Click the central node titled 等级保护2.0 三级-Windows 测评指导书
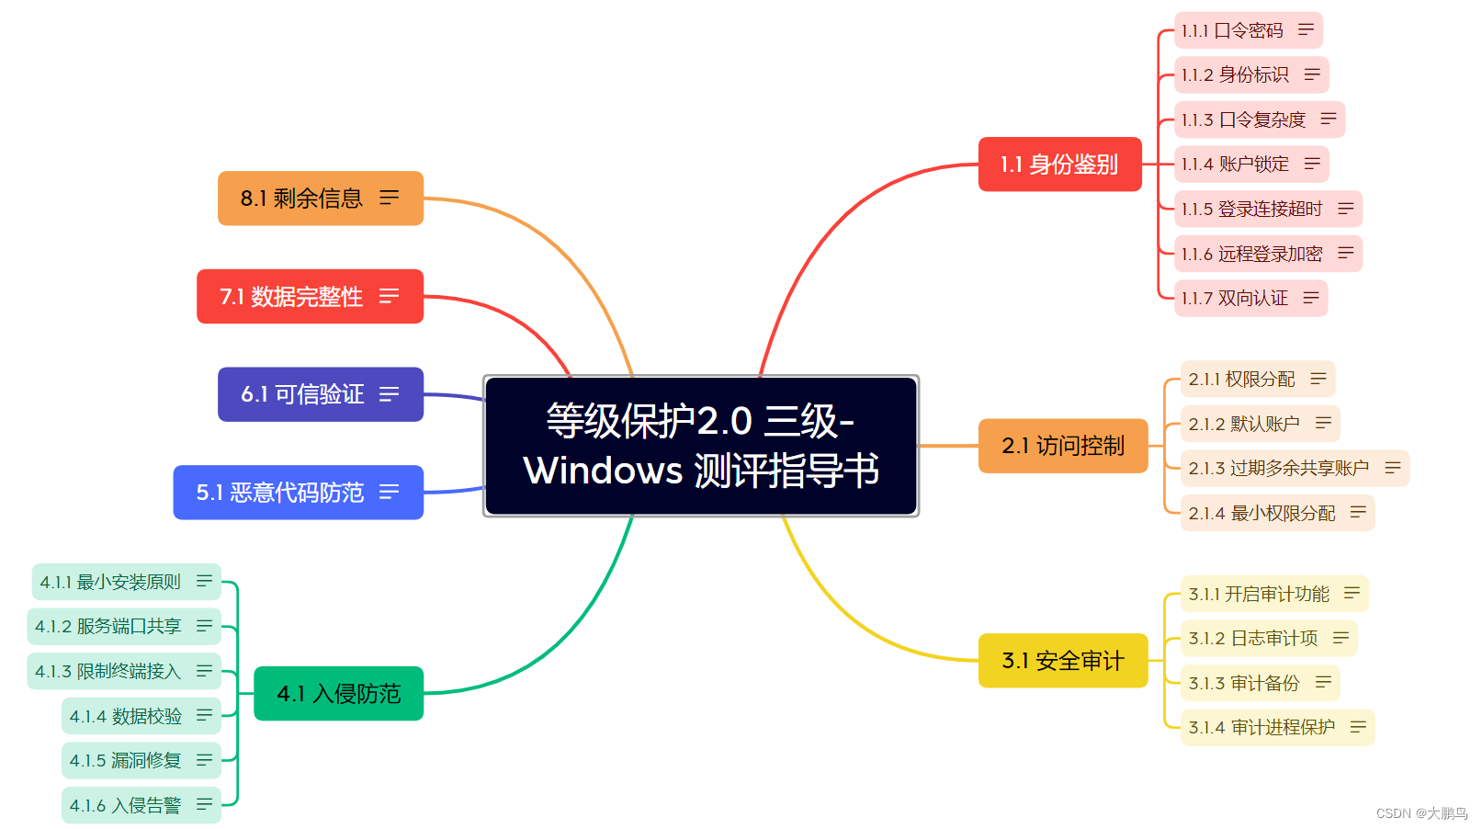(x=700, y=446)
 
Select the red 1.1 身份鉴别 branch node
(x=1059, y=165)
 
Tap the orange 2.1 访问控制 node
(x=1062, y=446)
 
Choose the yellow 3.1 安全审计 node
(x=1062, y=661)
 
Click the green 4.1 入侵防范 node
(x=338, y=694)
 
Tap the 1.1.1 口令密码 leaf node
(x=1232, y=30)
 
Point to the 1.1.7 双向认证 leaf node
(x=1235, y=298)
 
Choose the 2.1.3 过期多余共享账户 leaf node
(x=1278, y=468)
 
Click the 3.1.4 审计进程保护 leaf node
(x=1261, y=727)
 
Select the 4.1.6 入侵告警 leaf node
(x=126, y=805)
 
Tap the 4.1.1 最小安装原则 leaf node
(x=110, y=582)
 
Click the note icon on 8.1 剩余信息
(x=390, y=198)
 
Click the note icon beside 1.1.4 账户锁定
(x=1312, y=164)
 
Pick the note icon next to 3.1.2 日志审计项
(x=1341, y=637)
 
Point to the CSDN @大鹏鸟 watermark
(x=1421, y=813)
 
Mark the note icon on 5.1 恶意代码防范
(x=390, y=493)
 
